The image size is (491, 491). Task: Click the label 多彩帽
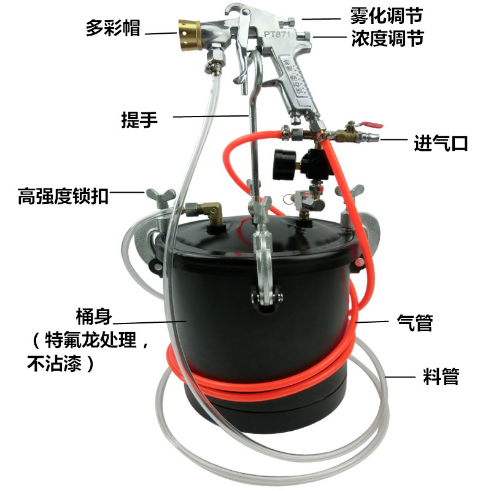click(x=113, y=28)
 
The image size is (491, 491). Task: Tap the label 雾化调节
click(x=387, y=16)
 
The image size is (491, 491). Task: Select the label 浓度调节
click(x=387, y=38)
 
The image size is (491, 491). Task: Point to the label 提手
click(x=139, y=119)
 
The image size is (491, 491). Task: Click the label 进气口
click(x=441, y=144)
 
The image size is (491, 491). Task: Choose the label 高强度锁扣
click(x=63, y=196)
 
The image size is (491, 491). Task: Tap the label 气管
click(x=415, y=323)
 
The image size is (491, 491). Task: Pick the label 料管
click(x=441, y=376)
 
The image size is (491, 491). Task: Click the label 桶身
click(x=94, y=317)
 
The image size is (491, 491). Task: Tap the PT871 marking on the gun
click(x=277, y=34)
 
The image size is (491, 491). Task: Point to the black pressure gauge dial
click(x=284, y=165)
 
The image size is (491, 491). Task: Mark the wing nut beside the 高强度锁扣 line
click(x=161, y=197)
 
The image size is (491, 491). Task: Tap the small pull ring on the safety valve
click(x=288, y=199)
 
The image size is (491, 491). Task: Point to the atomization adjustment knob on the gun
click(x=288, y=22)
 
